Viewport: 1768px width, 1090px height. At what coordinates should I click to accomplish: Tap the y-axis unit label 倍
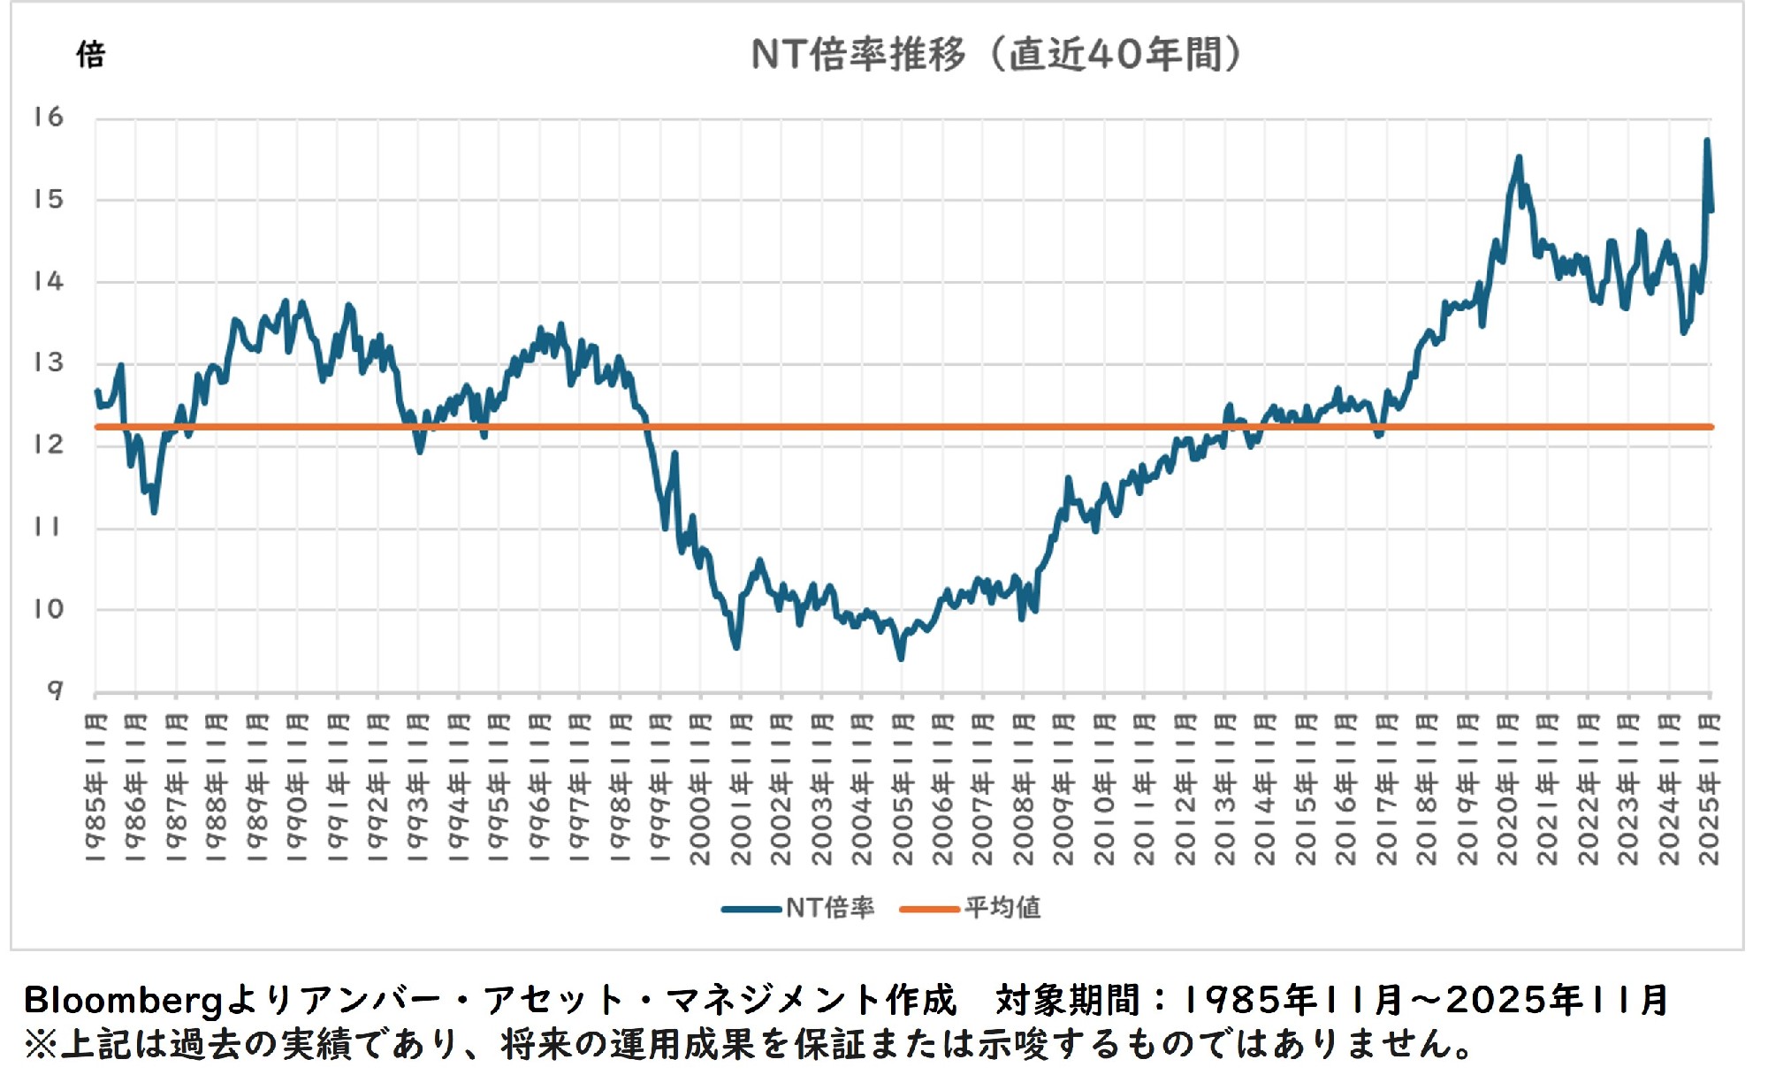click(90, 55)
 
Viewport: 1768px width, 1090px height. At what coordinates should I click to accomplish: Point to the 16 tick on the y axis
click(49, 117)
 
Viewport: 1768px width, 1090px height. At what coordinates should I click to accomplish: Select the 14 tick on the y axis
click(49, 281)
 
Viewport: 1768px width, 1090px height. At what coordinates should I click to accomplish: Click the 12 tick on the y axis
click(49, 444)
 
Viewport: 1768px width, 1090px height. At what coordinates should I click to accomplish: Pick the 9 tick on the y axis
click(55, 690)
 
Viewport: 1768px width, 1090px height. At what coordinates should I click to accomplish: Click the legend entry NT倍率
click(829, 908)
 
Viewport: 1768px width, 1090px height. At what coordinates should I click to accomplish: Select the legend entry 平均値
click(1002, 908)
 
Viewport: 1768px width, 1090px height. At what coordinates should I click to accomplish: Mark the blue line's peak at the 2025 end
click(1706, 141)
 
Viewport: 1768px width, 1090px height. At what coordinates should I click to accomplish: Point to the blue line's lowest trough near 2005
click(901, 658)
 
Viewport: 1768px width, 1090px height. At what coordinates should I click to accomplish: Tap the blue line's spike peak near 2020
click(1519, 157)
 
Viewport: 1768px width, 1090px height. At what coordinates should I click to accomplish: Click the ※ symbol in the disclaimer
click(40, 1044)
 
